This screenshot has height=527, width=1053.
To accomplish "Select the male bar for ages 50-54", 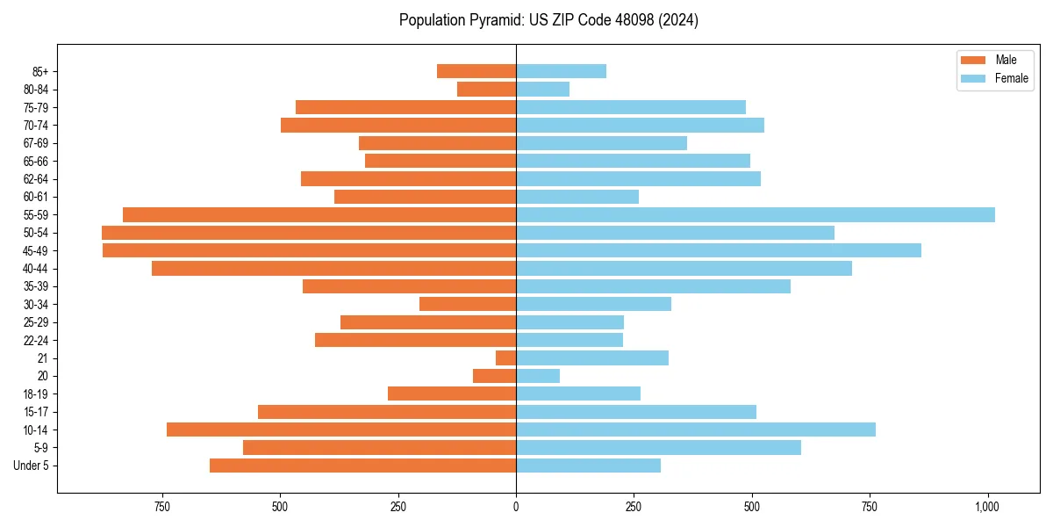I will [x=309, y=233].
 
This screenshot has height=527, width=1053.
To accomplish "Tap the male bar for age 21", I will [x=505, y=358].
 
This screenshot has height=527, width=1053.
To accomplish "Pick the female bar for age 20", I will [x=538, y=376].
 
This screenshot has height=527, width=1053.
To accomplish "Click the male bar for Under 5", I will [x=362, y=466].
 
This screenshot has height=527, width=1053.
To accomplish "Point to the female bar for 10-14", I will [x=695, y=430].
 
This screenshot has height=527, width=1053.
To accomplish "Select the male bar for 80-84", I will [x=486, y=89].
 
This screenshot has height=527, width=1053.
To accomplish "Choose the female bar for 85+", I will [x=561, y=71].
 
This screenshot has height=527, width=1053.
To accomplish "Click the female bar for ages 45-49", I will [x=718, y=250].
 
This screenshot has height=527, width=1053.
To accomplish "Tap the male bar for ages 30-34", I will [x=468, y=304].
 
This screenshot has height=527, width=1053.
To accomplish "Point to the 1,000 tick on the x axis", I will [x=987, y=507].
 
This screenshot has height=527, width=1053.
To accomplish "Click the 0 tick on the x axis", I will [x=516, y=507].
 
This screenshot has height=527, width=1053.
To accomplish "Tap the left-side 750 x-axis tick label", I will [x=161, y=507].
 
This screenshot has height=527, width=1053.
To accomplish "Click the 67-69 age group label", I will [x=36, y=143].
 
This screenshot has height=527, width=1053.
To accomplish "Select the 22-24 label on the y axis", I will [x=36, y=340].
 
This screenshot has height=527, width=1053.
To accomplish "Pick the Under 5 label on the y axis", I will [x=31, y=466].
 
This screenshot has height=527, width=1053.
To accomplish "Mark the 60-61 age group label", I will [x=36, y=197].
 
